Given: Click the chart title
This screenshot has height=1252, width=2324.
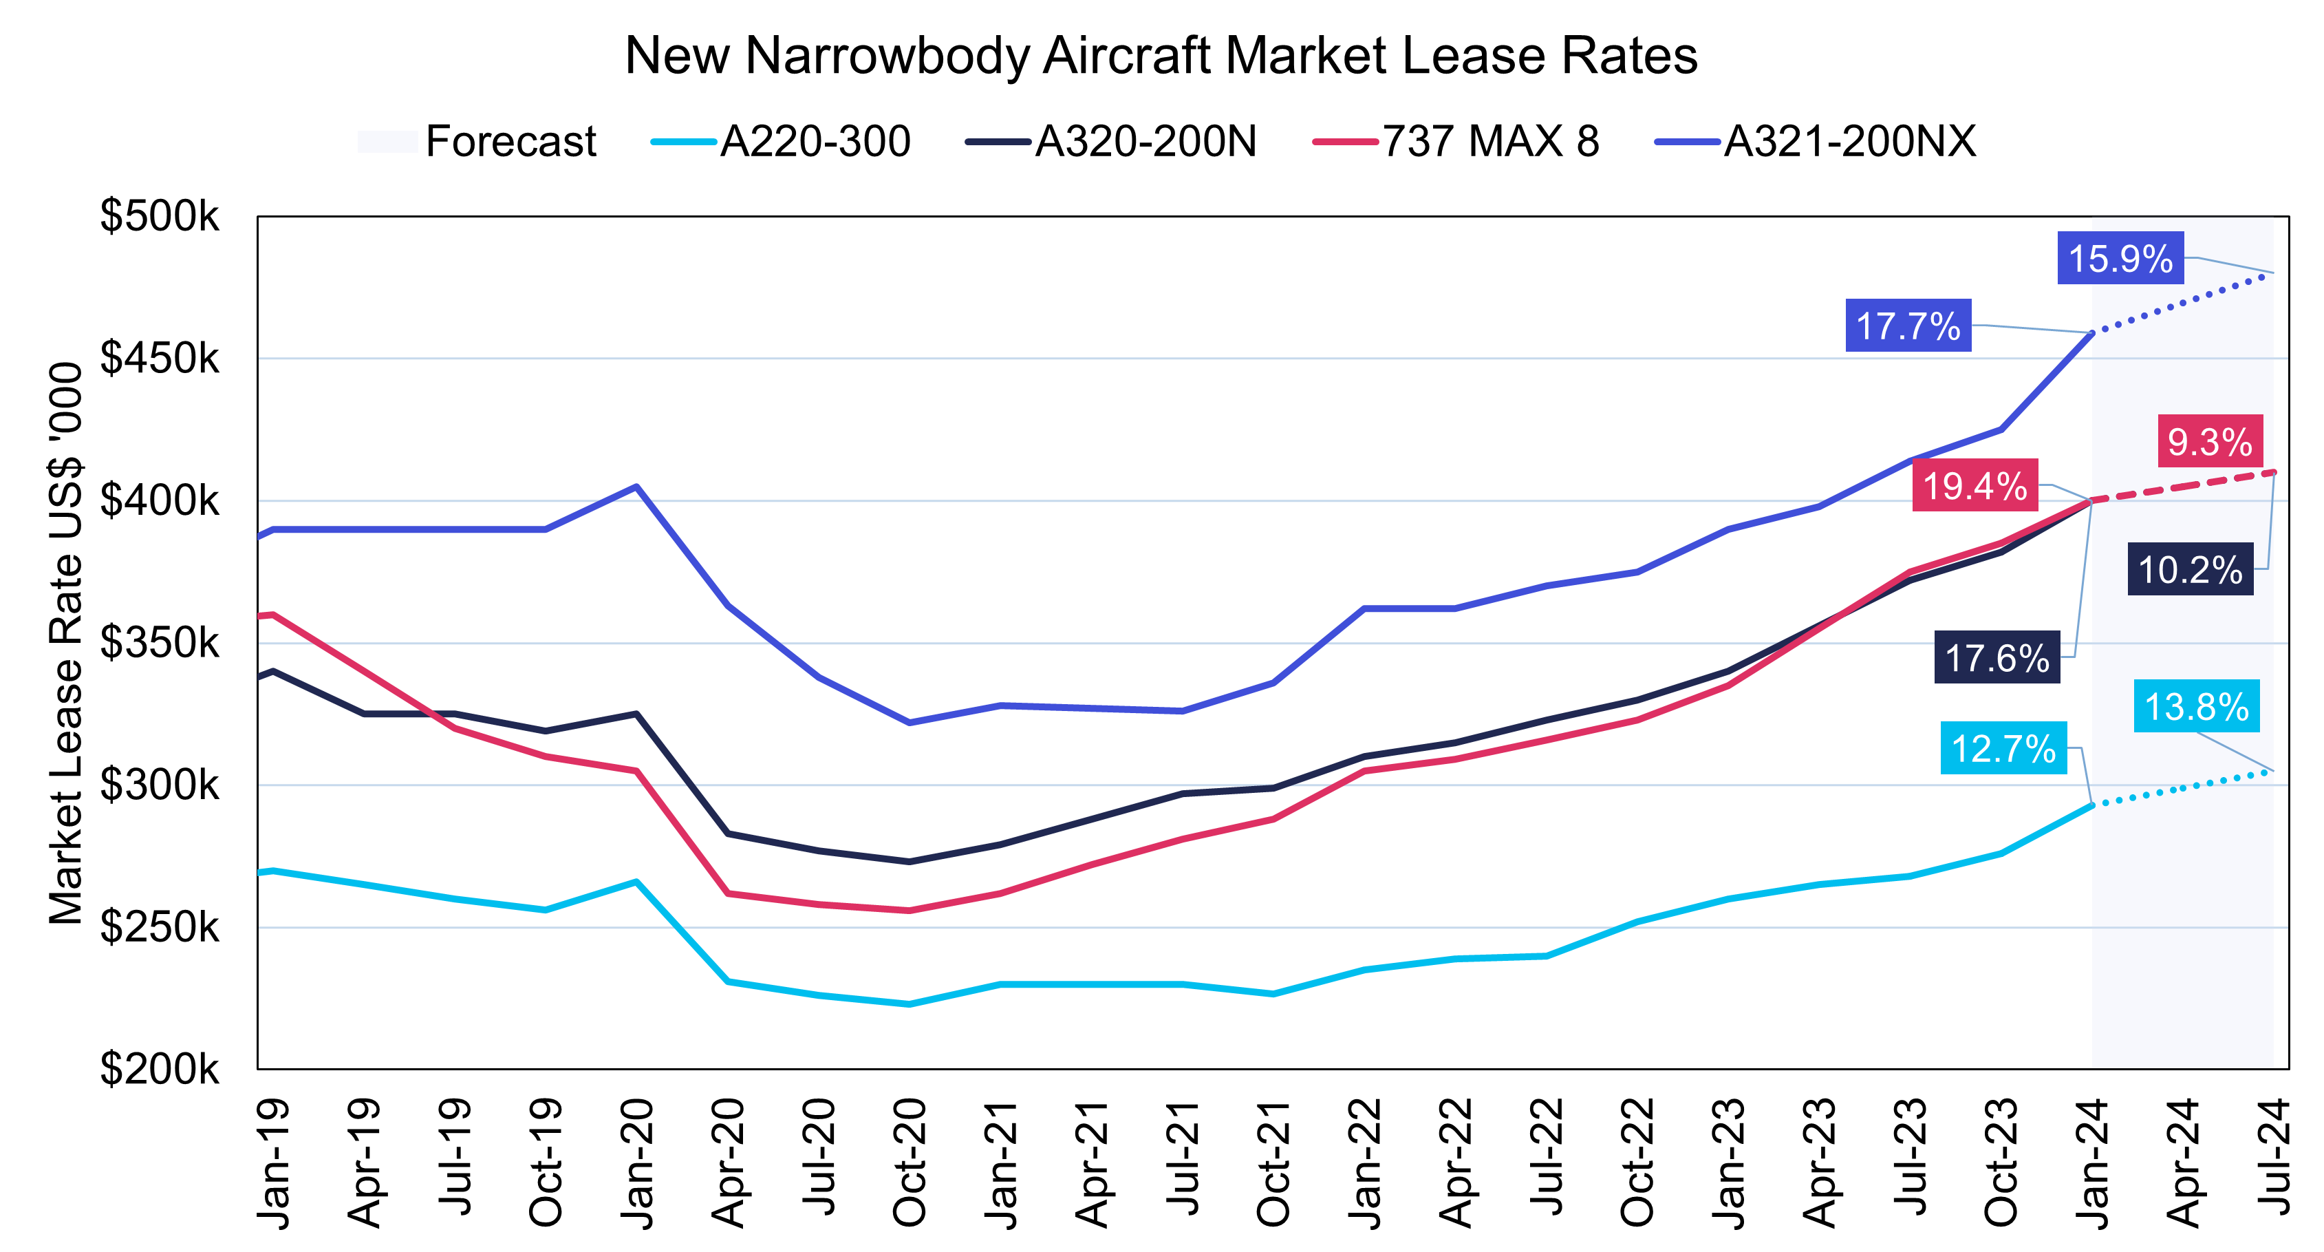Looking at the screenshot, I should coord(1161,56).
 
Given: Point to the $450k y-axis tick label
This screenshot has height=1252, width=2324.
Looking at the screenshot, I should coord(159,359).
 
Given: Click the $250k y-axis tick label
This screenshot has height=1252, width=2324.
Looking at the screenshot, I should coord(159,927).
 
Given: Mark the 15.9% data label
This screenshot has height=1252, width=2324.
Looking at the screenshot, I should coord(2120,259).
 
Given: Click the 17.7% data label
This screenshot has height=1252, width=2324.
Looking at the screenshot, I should coord(1907,326).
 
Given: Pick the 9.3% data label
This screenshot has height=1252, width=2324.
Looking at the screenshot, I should coord(2209,441).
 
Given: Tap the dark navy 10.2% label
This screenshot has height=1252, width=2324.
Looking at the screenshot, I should coord(2190,570).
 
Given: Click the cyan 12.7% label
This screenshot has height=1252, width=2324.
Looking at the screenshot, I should coord(2003,748).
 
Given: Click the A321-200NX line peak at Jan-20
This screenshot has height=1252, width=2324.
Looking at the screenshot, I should coord(637,487).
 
